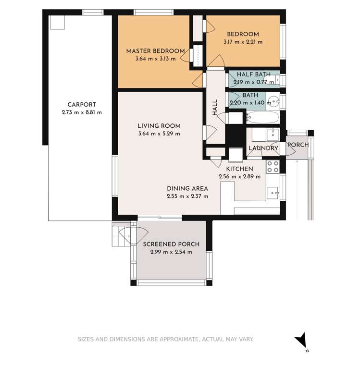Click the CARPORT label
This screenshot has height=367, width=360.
82,104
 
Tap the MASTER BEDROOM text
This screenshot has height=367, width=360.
155,51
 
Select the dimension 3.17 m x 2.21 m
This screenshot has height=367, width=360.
243,42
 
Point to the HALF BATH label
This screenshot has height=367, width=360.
253,74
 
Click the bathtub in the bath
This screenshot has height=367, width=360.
262,117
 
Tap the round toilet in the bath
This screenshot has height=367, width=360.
273,102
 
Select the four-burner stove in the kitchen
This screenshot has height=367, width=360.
273,166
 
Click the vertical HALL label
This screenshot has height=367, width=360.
215,107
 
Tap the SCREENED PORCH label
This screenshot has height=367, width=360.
171,244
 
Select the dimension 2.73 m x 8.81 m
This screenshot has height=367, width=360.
82,112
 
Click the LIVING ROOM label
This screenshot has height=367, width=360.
159,126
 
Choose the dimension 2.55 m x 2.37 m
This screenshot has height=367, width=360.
187,196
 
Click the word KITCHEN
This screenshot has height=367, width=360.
239,169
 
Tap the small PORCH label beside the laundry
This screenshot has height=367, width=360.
298,145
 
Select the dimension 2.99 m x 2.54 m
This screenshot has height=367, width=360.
171,252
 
